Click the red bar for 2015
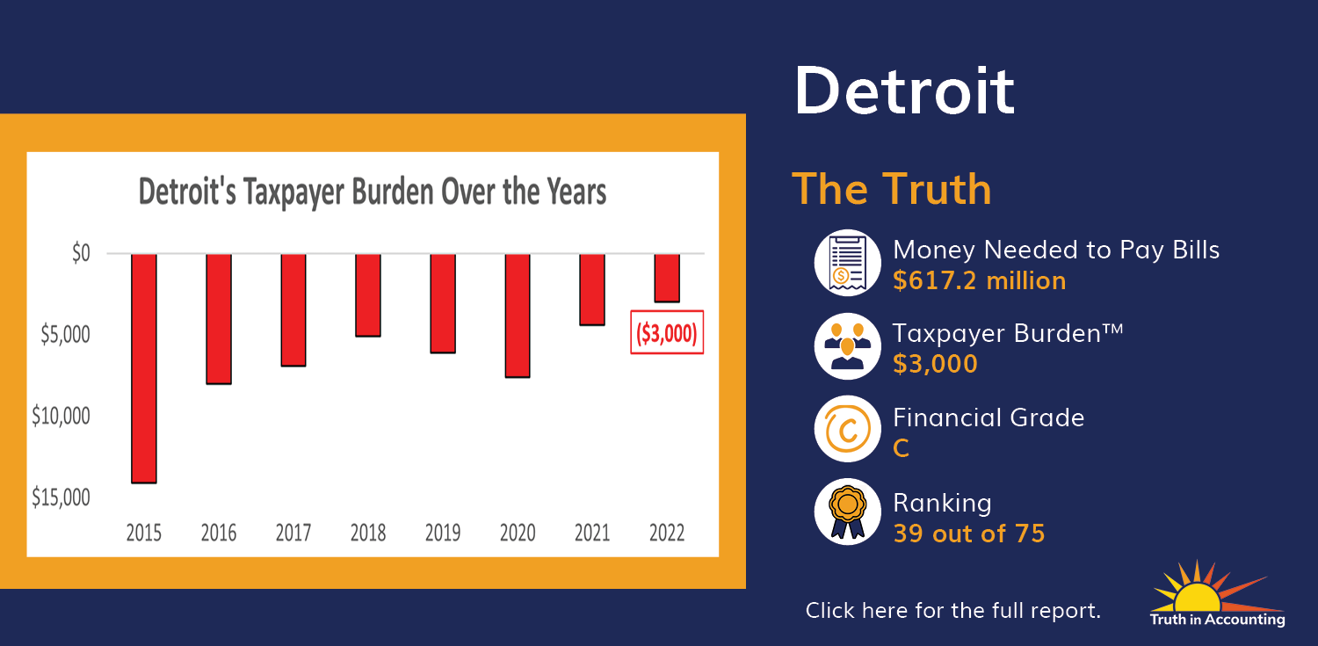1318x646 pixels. [x=143, y=368]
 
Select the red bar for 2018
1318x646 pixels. [x=368, y=295]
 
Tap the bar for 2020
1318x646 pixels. [x=518, y=316]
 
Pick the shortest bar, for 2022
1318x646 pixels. [x=667, y=279]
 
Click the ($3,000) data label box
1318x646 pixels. [x=667, y=332]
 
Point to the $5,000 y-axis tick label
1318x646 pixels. [x=65, y=334]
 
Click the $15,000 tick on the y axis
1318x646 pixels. [x=61, y=497]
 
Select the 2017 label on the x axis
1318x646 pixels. [x=293, y=533]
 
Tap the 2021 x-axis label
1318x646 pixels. [x=592, y=533]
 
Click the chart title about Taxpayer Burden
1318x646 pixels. [x=372, y=192]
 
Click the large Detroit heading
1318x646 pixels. [x=904, y=91]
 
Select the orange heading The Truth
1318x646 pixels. [x=892, y=189]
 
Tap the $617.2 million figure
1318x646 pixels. [x=979, y=280]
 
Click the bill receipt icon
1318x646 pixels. [x=847, y=263]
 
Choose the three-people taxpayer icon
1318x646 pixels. [x=847, y=346]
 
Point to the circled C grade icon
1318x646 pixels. [x=847, y=429]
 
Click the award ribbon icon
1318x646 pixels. [x=847, y=512]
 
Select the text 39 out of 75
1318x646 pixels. [x=969, y=533]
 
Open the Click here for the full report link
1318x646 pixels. [x=952, y=610]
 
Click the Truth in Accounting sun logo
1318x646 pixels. [x=1217, y=594]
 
